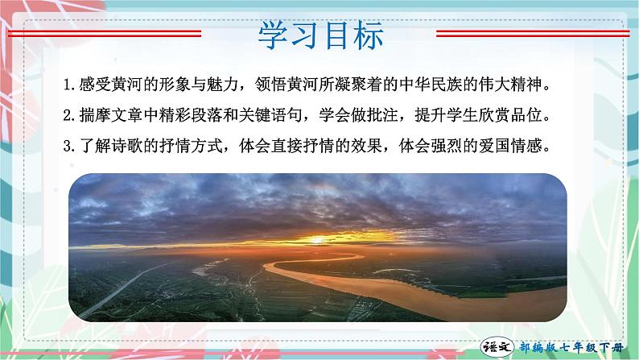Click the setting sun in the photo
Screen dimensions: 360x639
315,239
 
